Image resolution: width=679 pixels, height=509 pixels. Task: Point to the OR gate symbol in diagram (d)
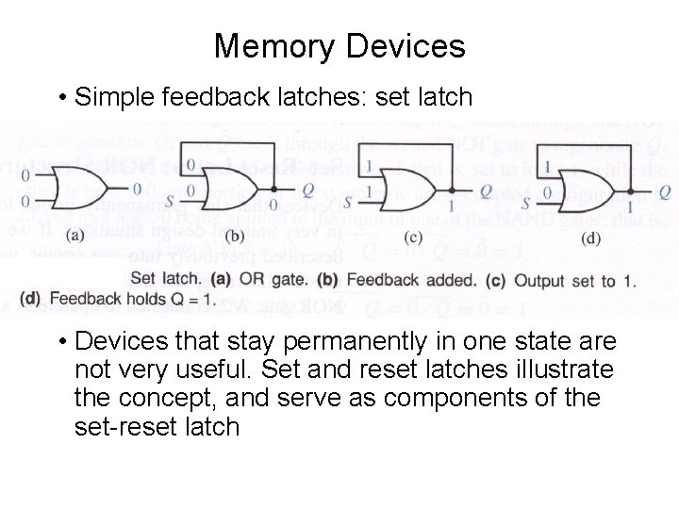(x=585, y=188)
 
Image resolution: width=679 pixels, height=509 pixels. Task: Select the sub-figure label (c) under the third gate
(x=414, y=236)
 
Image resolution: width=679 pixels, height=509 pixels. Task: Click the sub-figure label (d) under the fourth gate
(x=591, y=237)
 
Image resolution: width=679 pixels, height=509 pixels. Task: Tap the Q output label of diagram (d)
(x=664, y=192)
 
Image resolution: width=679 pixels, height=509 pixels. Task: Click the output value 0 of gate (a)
(x=137, y=188)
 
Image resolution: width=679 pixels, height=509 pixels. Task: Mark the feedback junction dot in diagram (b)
(x=273, y=188)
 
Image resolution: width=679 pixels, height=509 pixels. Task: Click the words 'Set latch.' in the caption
(x=165, y=278)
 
